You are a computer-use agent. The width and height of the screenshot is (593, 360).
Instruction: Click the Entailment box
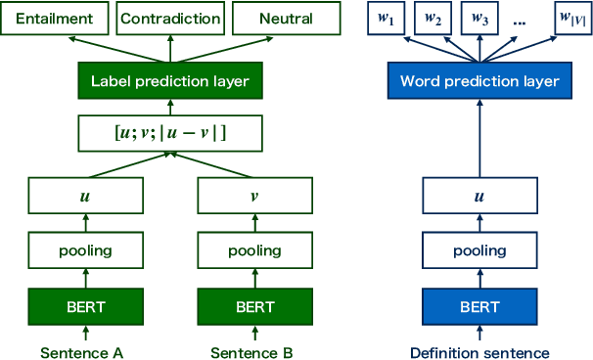(54, 19)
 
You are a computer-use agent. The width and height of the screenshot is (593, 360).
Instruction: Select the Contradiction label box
(169, 19)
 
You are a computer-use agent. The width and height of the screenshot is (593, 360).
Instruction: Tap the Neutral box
(286, 19)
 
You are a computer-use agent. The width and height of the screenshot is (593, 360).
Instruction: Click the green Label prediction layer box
(169, 81)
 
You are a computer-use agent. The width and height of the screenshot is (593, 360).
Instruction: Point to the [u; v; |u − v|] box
(169, 132)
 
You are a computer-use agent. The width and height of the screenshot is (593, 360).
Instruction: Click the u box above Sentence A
(86, 196)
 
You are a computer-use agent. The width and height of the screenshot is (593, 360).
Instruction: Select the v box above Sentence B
(254, 196)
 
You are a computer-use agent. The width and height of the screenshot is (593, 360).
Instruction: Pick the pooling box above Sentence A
(86, 251)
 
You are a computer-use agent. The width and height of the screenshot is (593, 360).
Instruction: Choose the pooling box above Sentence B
(254, 251)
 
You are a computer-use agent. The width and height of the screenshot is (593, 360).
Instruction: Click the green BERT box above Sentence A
(86, 306)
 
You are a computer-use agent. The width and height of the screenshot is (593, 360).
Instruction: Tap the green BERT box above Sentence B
(254, 306)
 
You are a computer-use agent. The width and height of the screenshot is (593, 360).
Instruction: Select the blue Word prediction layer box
(479, 81)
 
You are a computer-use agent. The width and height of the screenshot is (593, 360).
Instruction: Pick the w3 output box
(479, 19)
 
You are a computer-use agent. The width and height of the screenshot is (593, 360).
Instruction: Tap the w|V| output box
(566, 19)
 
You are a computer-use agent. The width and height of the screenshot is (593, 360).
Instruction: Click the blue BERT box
(479, 306)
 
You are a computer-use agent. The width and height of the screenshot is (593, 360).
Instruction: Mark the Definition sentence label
(479, 351)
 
